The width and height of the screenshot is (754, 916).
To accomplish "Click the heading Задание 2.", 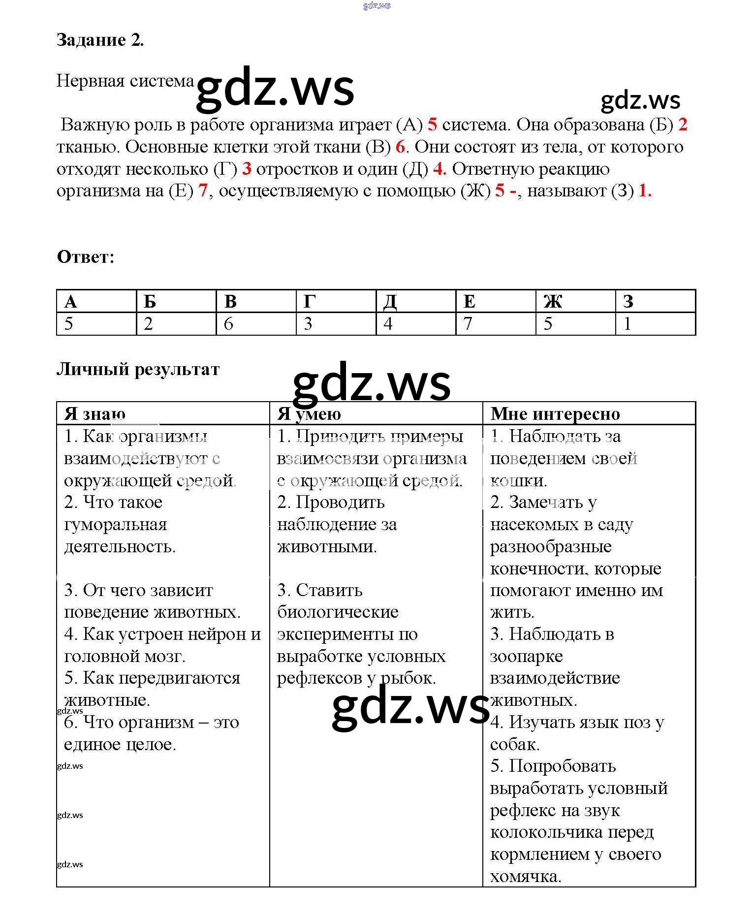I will coord(100,40).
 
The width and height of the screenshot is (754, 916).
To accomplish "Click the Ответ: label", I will coord(86,256).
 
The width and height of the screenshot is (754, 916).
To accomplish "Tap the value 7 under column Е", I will coord(468,323).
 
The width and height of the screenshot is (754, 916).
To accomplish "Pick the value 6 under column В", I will coord(228,323).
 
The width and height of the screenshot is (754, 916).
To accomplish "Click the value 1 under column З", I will coord(627,323).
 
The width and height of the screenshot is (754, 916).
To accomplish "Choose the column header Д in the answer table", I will coord(390,301).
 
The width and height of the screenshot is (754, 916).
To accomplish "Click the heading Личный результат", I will coord(138,369).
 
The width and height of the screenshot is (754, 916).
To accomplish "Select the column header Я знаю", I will coord(94,414).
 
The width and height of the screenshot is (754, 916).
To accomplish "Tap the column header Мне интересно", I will coord(555,414).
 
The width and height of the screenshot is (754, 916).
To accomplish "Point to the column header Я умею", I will coord(309,414).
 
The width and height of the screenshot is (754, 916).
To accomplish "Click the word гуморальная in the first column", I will coord(116,525).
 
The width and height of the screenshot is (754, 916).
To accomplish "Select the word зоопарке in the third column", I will coord(526,656).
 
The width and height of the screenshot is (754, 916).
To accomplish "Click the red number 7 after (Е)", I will coord(203,190).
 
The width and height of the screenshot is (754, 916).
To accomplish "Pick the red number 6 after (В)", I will coord(400,147).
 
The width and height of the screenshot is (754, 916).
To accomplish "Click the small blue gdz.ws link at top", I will coord(377,6).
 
